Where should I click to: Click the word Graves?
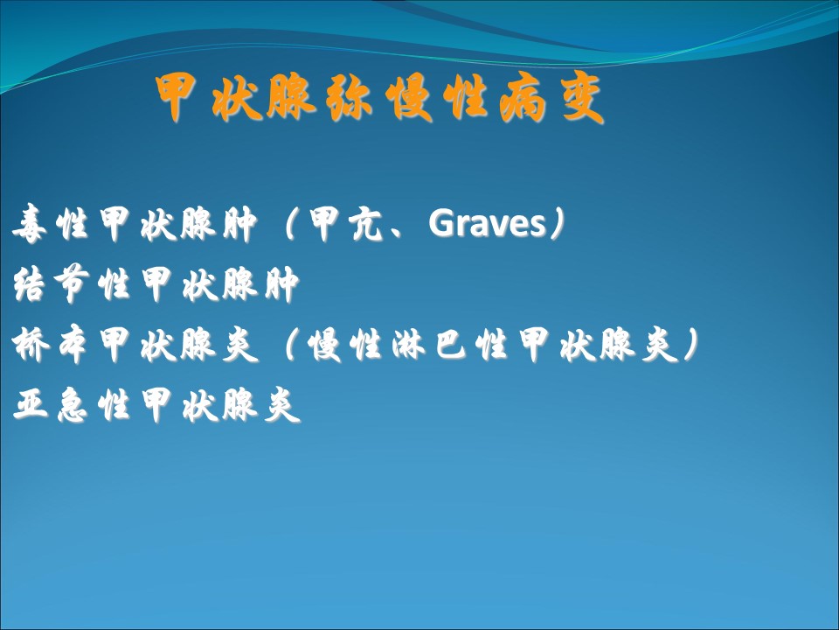(487, 223)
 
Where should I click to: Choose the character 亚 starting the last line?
(31, 403)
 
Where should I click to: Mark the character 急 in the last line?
(72, 404)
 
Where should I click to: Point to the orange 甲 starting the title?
(176, 98)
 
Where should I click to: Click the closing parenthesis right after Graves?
(557, 224)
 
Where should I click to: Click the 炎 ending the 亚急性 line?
(282, 404)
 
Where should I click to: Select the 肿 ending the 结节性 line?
(282, 283)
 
